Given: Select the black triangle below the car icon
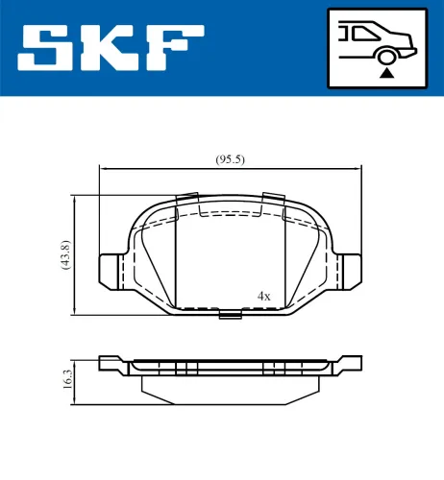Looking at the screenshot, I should click(385, 71).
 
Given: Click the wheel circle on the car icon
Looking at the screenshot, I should click(385, 56).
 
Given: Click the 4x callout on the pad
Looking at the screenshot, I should click(263, 296).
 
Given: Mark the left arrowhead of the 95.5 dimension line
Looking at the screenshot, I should click(105, 170).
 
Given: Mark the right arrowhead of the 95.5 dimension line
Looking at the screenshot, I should click(361, 170).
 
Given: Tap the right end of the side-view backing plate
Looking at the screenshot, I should click(357, 363).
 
